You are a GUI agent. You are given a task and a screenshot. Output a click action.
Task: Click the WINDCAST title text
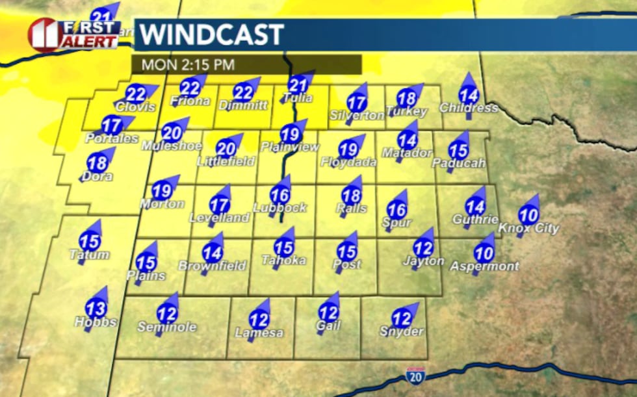pos(212,34)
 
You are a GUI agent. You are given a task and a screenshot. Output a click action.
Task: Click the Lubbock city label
pos(281,208)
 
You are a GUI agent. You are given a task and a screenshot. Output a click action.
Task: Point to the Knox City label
pos(528,228)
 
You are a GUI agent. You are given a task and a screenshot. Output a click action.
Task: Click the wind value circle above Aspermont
pos(484,253)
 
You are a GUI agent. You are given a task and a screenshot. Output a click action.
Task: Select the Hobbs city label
pos(96,322)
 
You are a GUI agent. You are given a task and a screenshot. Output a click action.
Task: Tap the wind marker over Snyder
pos(402,319)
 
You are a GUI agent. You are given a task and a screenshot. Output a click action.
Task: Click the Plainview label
pos(290,147)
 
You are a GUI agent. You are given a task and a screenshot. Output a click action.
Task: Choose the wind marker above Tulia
pos(297,85)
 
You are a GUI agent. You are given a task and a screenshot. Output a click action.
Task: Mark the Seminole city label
pos(167,327)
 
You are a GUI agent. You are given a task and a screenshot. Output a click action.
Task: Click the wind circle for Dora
pos(97,163)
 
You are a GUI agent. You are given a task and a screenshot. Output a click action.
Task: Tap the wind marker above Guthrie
pos(475,207)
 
